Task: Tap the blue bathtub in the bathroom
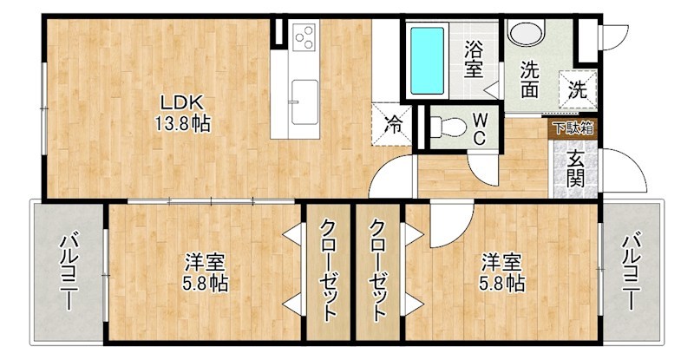(x=426, y=62)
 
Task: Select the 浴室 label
(x=473, y=60)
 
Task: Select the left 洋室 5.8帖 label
(x=206, y=272)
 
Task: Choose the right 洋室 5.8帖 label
(x=502, y=272)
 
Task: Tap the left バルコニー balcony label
(x=68, y=272)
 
